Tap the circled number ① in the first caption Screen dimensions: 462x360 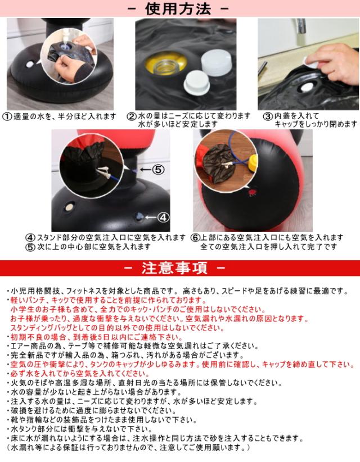click(x=7, y=116)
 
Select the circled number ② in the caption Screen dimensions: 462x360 click(x=131, y=116)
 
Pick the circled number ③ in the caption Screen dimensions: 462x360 click(x=268, y=116)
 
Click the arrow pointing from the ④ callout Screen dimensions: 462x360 click(x=149, y=216)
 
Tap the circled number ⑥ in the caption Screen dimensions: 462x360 click(x=196, y=237)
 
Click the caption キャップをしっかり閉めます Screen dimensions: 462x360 click(x=315, y=124)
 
